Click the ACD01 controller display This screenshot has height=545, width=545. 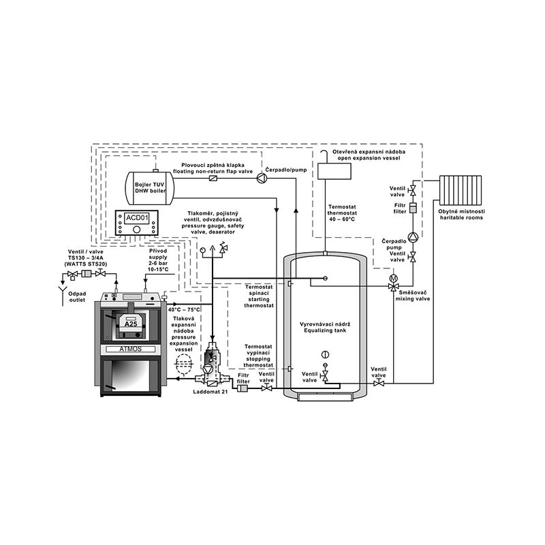coord(137,218)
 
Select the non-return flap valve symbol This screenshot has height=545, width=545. coord(213,179)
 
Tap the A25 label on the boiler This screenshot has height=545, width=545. coord(131,324)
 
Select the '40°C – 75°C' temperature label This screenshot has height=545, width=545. coord(184,309)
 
